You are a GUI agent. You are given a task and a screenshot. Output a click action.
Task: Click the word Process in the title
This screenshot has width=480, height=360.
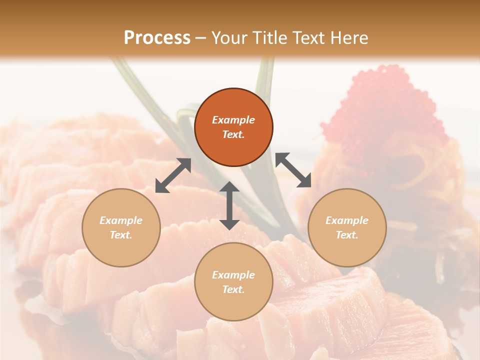[157, 37]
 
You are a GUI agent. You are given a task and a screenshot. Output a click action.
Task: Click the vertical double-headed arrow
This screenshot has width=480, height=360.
[229, 205]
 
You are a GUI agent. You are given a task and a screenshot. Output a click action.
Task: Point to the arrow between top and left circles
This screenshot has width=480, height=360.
[173, 175]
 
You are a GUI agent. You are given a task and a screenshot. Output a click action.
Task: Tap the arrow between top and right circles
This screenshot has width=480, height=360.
[293, 170]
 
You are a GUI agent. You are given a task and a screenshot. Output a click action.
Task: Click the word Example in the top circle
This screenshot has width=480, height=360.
[233, 120]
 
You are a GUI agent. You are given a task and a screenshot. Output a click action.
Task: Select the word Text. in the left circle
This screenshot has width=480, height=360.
[121, 235]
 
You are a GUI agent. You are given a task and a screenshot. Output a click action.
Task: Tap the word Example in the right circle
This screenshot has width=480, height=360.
[347, 220]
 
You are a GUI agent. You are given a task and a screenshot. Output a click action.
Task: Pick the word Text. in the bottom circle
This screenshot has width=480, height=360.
[233, 289]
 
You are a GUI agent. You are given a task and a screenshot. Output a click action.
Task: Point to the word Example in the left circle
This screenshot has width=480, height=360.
[121, 220]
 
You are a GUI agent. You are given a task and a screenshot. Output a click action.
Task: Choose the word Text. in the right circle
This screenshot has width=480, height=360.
[347, 235]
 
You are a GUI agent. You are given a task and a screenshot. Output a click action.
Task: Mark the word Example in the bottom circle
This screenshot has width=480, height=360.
[233, 275]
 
